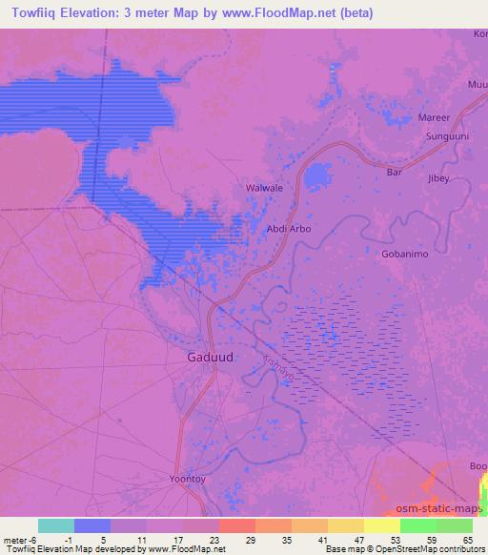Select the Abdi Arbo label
(288, 229)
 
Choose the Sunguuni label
(447, 137)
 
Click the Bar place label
(395, 173)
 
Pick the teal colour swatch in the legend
(56, 525)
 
